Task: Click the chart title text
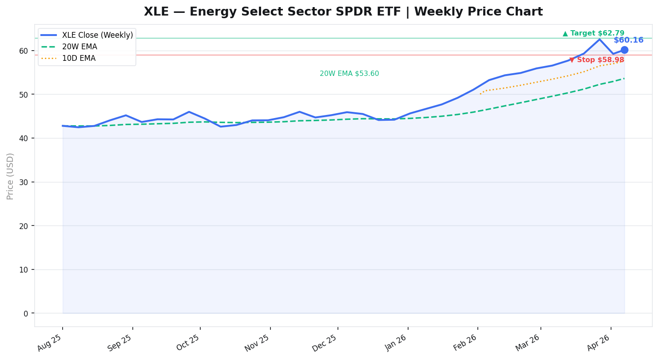pyautogui.click(x=343, y=12)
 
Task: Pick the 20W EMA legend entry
pyautogui.click(x=79, y=47)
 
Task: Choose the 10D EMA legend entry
pyautogui.click(x=79, y=58)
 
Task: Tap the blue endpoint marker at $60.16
pyautogui.click(x=624, y=50)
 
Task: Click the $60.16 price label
pyautogui.click(x=628, y=40)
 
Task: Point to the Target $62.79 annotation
pyautogui.click(x=593, y=33)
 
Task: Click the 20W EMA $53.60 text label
pyautogui.click(x=349, y=74)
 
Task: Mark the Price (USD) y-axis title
pyautogui.click(x=10, y=176)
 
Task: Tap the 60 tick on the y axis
pyautogui.click(x=23, y=51)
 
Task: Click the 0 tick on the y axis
pyautogui.click(x=25, y=313)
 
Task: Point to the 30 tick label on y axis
pyautogui.click(x=23, y=182)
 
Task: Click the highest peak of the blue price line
pyautogui.click(x=599, y=40)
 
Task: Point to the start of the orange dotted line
pyautogui.click(x=480, y=94)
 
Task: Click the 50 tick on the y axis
pyautogui.click(x=23, y=95)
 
